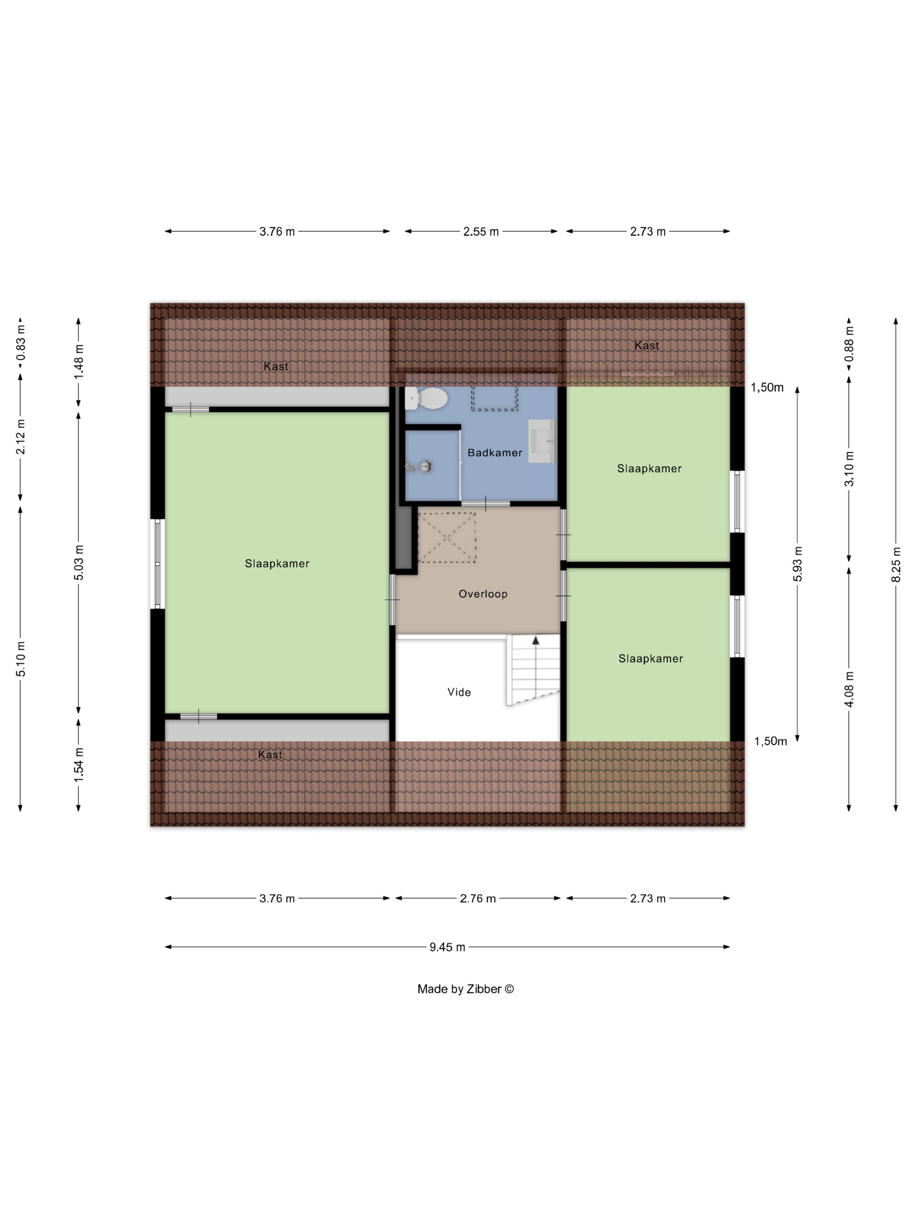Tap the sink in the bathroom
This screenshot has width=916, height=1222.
click(x=542, y=441)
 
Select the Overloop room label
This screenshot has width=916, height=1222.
click(x=482, y=594)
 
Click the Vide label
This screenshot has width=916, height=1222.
click(x=459, y=692)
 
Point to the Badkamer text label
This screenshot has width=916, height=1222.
click(x=495, y=453)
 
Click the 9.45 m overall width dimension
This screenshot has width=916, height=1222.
click(x=447, y=947)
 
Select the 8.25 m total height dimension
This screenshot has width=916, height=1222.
click(x=895, y=564)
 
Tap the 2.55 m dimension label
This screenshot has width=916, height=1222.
click(x=481, y=231)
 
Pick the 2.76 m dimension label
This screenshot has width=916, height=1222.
click(x=478, y=898)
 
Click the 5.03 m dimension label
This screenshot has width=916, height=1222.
click(x=79, y=563)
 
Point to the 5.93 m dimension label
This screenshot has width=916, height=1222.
click(x=797, y=563)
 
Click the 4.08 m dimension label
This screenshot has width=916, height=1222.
click(x=849, y=689)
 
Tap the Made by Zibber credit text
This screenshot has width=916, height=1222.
click(x=465, y=989)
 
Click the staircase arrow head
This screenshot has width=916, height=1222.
click(x=535, y=640)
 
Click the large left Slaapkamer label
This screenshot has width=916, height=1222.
click(x=277, y=563)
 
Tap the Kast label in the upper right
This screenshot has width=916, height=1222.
click(x=646, y=345)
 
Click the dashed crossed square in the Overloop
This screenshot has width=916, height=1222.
click(x=447, y=537)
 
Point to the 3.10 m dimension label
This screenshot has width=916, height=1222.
click(x=849, y=468)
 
